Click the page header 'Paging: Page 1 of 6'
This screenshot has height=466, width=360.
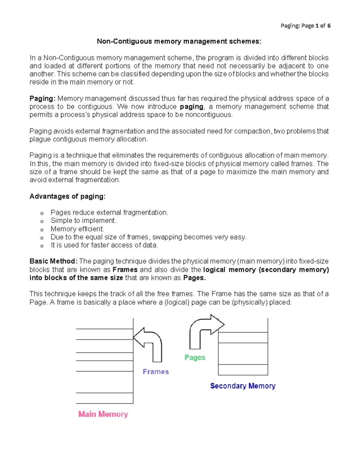(x=305, y=26)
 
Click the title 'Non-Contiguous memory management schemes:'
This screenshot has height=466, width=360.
(x=179, y=41)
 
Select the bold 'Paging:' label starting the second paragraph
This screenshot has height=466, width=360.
(x=42, y=99)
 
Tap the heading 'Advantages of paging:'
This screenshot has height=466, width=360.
(x=67, y=196)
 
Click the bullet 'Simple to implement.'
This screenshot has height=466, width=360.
(x=83, y=221)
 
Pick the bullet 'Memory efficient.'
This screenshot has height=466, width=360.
(x=77, y=229)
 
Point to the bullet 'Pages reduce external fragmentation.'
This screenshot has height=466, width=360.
(x=109, y=212)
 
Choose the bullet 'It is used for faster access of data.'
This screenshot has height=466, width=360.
(x=104, y=245)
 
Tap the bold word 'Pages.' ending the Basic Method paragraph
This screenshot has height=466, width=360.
(x=194, y=278)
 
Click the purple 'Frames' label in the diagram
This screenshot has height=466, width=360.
(x=156, y=372)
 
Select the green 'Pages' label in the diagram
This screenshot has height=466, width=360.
(x=195, y=357)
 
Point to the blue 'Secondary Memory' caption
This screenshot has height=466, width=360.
(x=243, y=386)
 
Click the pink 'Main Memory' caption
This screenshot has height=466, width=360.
(x=103, y=414)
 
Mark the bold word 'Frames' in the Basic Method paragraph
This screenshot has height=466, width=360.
(x=125, y=270)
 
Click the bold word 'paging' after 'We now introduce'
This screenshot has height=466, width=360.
(x=192, y=107)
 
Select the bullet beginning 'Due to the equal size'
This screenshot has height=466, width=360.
(x=148, y=237)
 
